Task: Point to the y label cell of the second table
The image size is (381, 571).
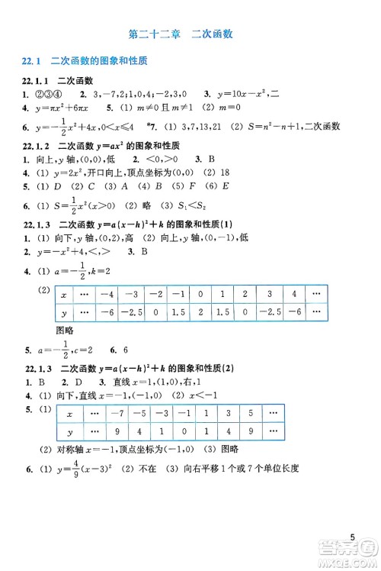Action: [70, 431]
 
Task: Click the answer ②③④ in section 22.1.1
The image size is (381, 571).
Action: [43, 94]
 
